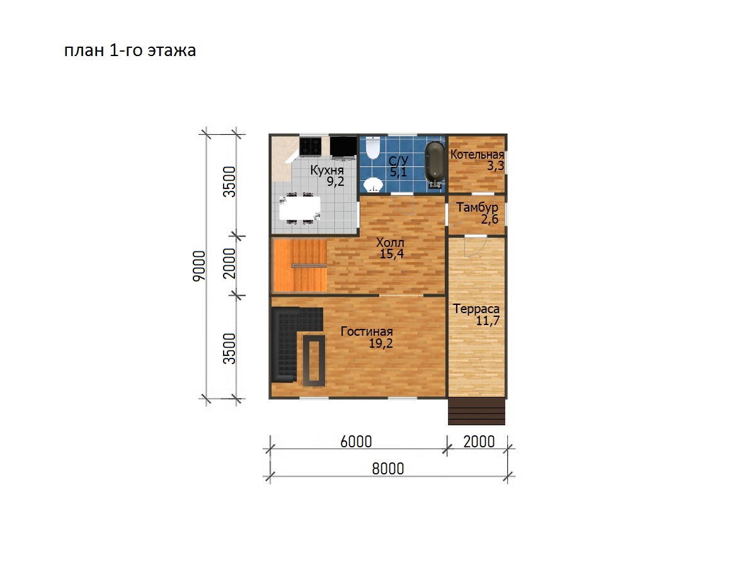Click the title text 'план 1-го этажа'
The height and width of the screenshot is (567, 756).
(x=130, y=50)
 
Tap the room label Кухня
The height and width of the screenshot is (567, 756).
(x=327, y=170)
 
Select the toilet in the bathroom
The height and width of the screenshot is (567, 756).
(x=373, y=148)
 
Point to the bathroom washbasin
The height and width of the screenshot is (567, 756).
(x=374, y=185)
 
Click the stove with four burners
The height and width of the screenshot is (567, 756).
(x=311, y=146)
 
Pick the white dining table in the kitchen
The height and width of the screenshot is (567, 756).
(x=300, y=208)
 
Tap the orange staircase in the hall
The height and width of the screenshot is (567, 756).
(x=300, y=266)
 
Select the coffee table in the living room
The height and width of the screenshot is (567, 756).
(x=314, y=360)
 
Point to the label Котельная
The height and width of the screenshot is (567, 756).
(x=477, y=154)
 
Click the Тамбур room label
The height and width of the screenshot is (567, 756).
(x=477, y=208)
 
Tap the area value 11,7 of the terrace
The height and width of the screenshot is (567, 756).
(x=488, y=321)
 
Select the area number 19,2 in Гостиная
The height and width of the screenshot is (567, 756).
(x=381, y=343)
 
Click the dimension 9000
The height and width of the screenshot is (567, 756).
(x=199, y=266)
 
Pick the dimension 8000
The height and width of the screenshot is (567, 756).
(x=388, y=469)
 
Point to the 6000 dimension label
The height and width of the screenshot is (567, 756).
(x=356, y=442)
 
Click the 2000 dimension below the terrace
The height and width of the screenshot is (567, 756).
(x=479, y=442)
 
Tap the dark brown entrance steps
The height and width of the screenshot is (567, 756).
(x=476, y=412)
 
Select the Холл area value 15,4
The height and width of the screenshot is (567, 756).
(x=392, y=254)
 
